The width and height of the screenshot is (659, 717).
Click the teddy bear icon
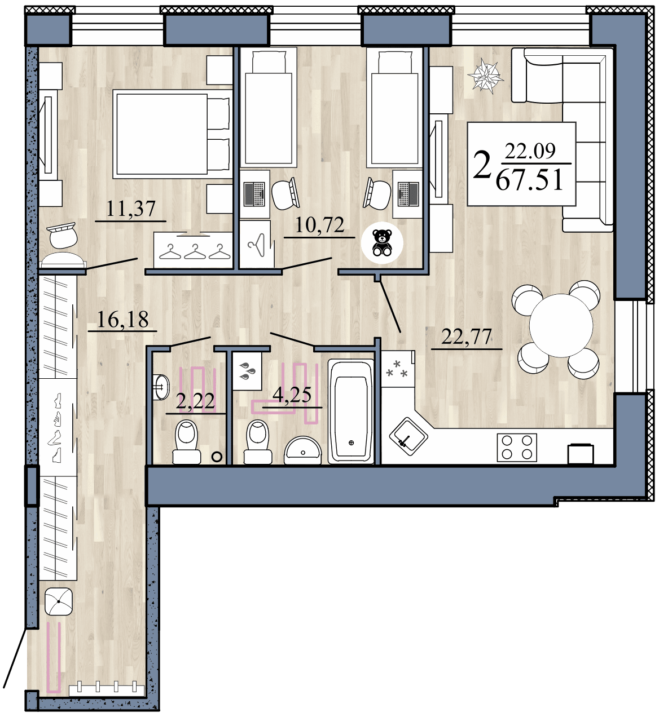[383, 242]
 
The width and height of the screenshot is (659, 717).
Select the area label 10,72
[319, 225]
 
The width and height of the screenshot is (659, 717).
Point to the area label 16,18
[122, 320]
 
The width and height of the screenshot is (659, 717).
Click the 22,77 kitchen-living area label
[466, 338]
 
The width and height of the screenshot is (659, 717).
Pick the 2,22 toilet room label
[195, 402]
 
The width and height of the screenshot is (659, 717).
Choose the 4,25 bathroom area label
[292, 395]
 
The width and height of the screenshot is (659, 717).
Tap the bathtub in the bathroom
[351, 411]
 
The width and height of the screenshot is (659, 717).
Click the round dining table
[560, 326]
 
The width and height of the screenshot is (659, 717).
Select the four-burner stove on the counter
[517, 448]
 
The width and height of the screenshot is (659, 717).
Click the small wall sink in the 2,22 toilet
[161, 387]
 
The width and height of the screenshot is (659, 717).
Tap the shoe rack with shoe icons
[57, 427]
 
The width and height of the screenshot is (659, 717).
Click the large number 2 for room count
[481, 166]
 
